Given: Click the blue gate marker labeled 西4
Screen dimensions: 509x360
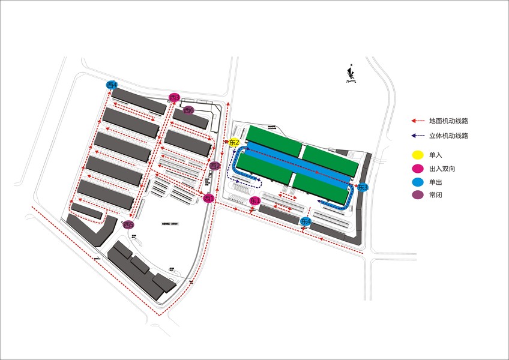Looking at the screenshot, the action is tap(112, 85).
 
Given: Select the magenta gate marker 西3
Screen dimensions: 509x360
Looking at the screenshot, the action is tap(174, 98).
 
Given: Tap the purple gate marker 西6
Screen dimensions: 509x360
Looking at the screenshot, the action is tap(188, 110).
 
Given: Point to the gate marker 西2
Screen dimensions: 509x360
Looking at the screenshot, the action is tap(215, 166).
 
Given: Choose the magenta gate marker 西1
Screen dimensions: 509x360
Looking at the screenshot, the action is tap(209, 198).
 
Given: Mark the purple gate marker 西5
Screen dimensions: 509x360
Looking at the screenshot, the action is tap(128, 225).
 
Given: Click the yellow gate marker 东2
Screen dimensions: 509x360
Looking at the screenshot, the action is tap(234, 142).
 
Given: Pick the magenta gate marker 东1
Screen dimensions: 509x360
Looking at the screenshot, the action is tap(254, 200).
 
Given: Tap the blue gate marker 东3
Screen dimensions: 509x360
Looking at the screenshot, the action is tap(362, 187).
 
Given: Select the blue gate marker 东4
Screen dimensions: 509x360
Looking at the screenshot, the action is tap(306, 222).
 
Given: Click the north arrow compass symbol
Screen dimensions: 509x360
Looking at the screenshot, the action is tap(351, 74).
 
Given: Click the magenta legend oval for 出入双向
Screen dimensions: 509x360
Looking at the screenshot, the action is tap(418, 169).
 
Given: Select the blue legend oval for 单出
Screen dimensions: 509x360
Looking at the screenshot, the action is tap(418, 182).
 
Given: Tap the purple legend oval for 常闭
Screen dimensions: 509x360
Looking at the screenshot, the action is tap(418, 195).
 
